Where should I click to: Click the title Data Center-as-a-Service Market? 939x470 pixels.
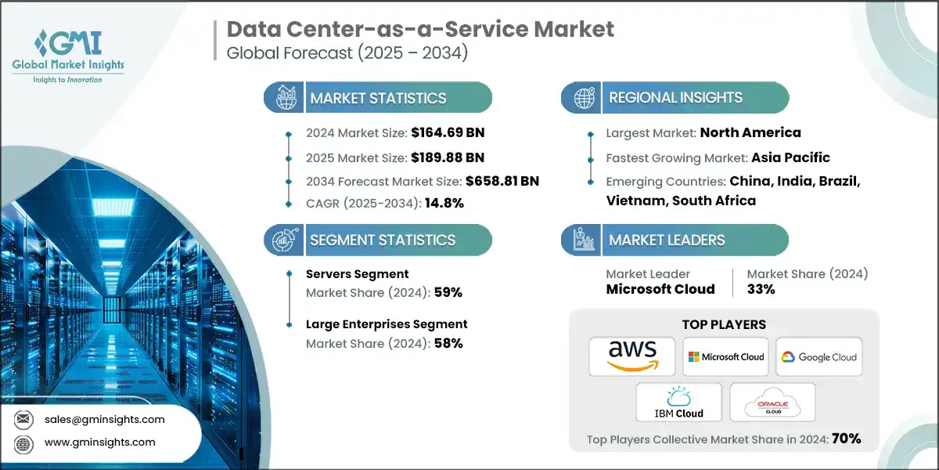(420, 30)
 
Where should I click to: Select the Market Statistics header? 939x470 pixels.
(378, 98)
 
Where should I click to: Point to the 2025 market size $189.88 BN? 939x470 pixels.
(443, 157)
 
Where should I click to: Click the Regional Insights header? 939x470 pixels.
(675, 98)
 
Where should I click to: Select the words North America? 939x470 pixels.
(750, 132)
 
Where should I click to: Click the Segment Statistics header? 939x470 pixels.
(382, 240)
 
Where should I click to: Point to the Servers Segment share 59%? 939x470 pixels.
(448, 292)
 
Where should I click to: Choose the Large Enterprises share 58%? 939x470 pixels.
(448, 343)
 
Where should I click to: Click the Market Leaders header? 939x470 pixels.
(667, 240)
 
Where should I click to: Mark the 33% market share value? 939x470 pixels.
(761, 289)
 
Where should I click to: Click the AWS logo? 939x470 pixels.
(632, 356)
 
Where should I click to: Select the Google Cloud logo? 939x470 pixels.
(818, 357)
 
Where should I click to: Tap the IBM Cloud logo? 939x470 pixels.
(678, 403)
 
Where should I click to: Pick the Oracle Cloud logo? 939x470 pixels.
(772, 403)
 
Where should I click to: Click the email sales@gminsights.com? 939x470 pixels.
(104, 419)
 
